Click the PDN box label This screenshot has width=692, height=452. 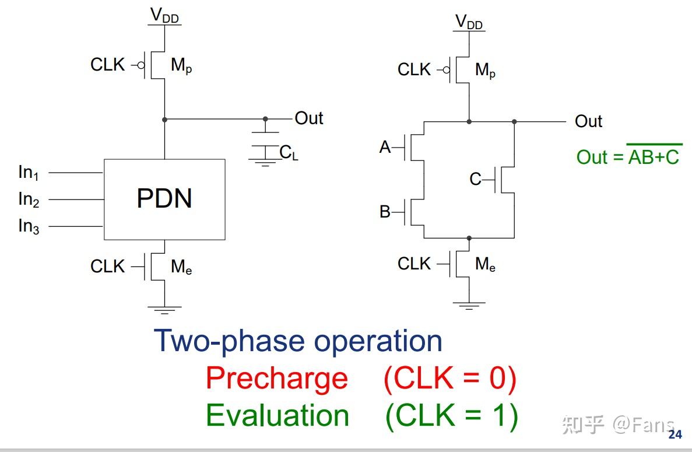(164, 198)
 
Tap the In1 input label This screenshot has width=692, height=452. (29, 172)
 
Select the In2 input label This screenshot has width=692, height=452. (29, 199)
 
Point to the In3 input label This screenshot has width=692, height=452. (29, 226)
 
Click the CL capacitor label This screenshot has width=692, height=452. (289, 153)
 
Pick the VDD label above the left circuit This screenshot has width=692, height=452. (164, 15)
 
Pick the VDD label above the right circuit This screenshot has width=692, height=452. (469, 22)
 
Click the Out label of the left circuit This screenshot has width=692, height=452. (309, 118)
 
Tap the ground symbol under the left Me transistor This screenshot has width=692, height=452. (164, 310)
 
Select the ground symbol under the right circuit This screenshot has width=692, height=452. (469, 306)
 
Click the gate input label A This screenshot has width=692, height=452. (385, 147)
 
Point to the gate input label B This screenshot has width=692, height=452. (385, 212)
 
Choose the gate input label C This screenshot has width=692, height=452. (475, 179)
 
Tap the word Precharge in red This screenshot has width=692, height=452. (277, 379)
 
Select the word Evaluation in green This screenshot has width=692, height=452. (277, 416)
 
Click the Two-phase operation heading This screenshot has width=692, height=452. (298, 341)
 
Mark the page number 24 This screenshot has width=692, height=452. (675, 435)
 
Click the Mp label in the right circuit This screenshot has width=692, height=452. (486, 70)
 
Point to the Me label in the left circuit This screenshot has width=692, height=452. (181, 267)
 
